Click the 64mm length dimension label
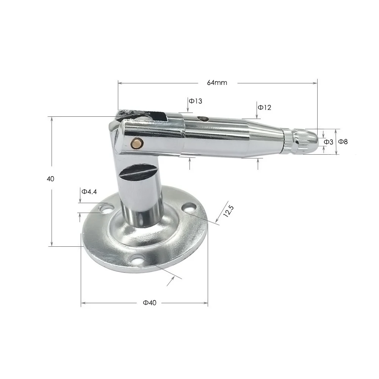pyautogui.click(x=217, y=83)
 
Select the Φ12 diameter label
pyautogui.click(x=265, y=107)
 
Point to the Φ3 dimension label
pyautogui.click(x=328, y=142)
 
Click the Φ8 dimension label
pyautogui.click(x=343, y=141)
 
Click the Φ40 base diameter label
pyautogui.click(x=150, y=303)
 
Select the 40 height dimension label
pyautogui.click(x=51, y=179)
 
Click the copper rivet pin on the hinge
pyautogui.click(x=136, y=143)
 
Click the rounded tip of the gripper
pyautogui.click(x=312, y=140)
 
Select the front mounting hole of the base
pyautogui.click(x=137, y=259)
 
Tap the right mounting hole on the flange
pyautogui.click(x=188, y=207)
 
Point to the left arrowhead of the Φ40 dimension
pyautogui.click(x=83, y=302)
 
